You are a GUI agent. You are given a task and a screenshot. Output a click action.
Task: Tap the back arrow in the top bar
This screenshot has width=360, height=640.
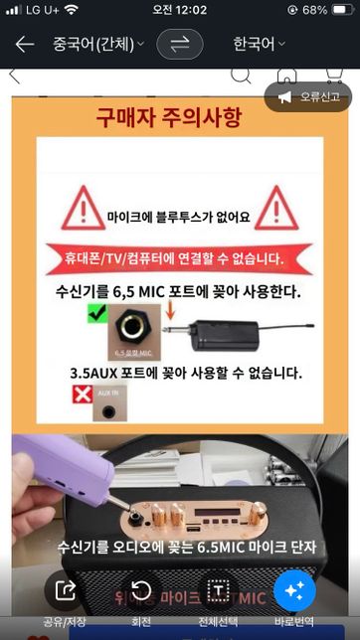tap(24, 45)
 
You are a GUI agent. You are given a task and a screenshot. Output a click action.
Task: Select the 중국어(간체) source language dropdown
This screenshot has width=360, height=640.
tap(97, 45)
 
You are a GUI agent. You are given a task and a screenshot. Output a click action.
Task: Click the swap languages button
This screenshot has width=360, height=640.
tap(179, 45)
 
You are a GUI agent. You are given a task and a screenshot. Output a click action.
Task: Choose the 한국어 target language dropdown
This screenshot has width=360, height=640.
tap(259, 45)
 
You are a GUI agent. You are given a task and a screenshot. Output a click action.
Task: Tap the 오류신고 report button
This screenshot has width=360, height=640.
tap(308, 96)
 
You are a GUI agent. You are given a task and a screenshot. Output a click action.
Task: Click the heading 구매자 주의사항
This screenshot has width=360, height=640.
tap(168, 120)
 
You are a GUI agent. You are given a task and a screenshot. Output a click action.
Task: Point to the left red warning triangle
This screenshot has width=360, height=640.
tap(83, 209)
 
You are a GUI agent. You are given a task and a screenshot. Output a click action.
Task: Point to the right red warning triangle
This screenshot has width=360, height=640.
tap(275, 209)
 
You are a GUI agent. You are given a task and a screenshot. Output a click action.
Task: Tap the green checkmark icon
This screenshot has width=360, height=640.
tap(96, 314)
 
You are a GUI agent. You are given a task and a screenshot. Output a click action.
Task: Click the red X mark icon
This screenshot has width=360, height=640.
tap(84, 396)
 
